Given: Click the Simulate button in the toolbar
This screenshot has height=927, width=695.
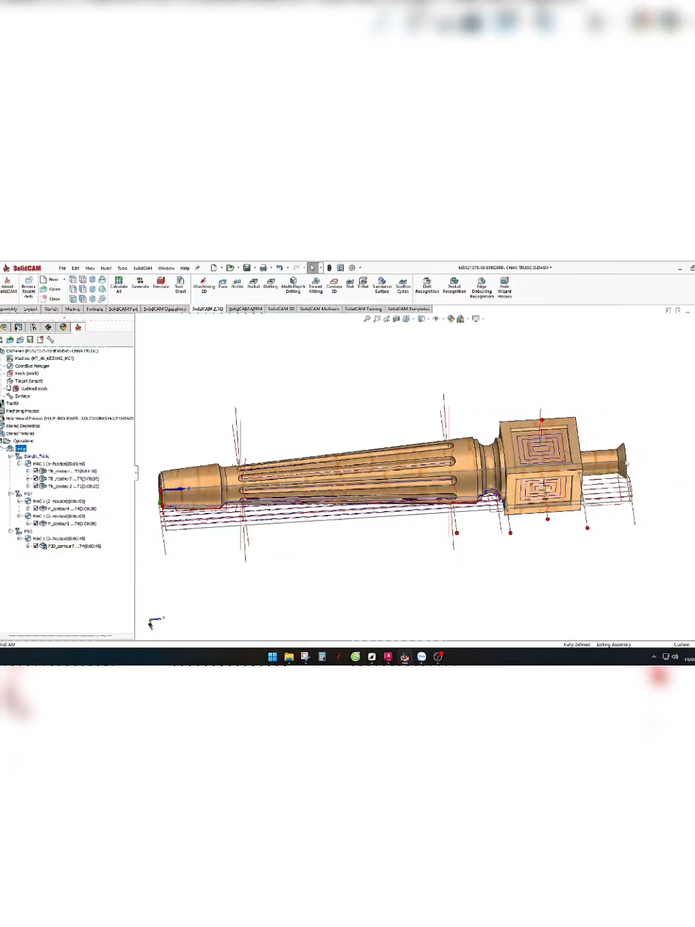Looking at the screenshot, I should (x=161, y=283).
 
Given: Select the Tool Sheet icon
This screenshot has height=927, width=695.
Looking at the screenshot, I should (x=180, y=284).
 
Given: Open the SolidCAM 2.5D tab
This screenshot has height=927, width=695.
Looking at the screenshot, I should (x=207, y=309).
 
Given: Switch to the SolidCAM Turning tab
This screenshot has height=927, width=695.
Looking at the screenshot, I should (x=363, y=309).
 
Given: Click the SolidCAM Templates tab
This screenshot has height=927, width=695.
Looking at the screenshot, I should (x=408, y=309).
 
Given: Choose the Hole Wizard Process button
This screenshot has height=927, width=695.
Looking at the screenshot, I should (x=504, y=286).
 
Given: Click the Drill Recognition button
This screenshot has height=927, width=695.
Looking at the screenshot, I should (x=427, y=285).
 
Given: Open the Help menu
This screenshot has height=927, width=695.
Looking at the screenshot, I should (x=185, y=268).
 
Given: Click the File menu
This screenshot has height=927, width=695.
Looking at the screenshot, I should (x=62, y=268).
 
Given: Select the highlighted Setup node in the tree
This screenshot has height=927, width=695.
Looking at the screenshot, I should (x=21, y=449).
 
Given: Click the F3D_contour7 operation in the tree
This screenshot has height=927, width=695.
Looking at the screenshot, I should (x=74, y=546).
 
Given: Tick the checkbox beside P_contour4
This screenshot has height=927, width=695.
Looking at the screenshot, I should (x=36, y=509).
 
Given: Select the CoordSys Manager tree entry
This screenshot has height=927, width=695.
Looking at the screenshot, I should (x=31, y=366).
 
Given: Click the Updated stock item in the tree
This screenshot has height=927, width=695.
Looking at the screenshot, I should (x=33, y=389).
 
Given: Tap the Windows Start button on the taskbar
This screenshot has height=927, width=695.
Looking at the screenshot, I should (x=272, y=657).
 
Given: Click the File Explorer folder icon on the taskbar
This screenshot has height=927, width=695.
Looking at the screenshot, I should (x=289, y=657).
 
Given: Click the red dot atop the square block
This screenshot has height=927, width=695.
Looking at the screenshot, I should (x=542, y=421).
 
